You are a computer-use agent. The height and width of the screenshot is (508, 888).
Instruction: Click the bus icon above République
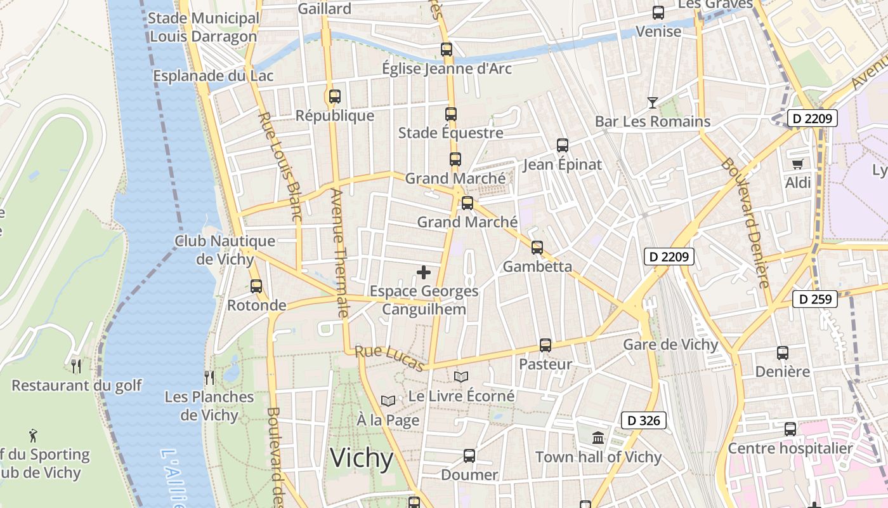click(x=334, y=97)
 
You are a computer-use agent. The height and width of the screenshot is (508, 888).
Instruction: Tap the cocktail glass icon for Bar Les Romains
click(x=652, y=102)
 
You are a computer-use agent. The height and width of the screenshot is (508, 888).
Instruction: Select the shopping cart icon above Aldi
click(x=797, y=164)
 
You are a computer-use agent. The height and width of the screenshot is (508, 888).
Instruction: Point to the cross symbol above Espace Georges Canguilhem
click(x=424, y=273)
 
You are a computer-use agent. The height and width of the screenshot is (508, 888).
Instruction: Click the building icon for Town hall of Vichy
click(x=597, y=438)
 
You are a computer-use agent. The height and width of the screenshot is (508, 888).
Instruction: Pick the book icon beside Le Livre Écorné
click(x=461, y=377)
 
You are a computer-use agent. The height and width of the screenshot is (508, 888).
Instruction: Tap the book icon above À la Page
click(x=388, y=401)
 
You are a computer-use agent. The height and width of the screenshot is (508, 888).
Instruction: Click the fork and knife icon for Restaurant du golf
click(x=76, y=366)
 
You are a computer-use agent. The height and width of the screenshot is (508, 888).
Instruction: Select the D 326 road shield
click(x=643, y=420)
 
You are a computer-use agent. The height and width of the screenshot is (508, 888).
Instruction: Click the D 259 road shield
click(x=815, y=299)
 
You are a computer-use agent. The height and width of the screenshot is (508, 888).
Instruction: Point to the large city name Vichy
click(x=362, y=458)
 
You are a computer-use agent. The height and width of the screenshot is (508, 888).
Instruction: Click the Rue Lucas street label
click(x=389, y=359)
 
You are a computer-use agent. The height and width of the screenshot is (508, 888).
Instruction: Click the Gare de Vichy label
click(x=670, y=345)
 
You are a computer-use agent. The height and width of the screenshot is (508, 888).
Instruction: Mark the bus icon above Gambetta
click(x=537, y=247)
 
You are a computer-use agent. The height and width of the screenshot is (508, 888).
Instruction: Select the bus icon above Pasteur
click(x=545, y=345)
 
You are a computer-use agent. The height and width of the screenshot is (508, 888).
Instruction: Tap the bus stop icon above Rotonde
click(x=256, y=286)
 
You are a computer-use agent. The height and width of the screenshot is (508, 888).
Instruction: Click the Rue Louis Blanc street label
click(x=280, y=166)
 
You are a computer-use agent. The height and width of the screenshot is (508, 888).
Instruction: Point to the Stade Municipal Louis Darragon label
click(x=204, y=27)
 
